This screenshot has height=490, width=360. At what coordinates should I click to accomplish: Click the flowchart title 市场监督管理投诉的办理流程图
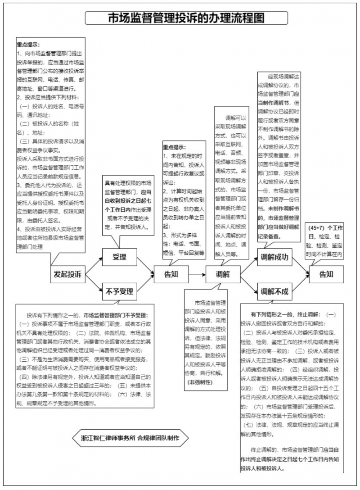click(186, 18)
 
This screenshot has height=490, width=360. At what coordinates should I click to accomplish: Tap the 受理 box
click(119, 257)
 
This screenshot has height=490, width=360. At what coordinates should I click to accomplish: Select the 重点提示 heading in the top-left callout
click(28, 45)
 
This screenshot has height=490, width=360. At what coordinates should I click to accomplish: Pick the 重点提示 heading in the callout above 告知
click(175, 147)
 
